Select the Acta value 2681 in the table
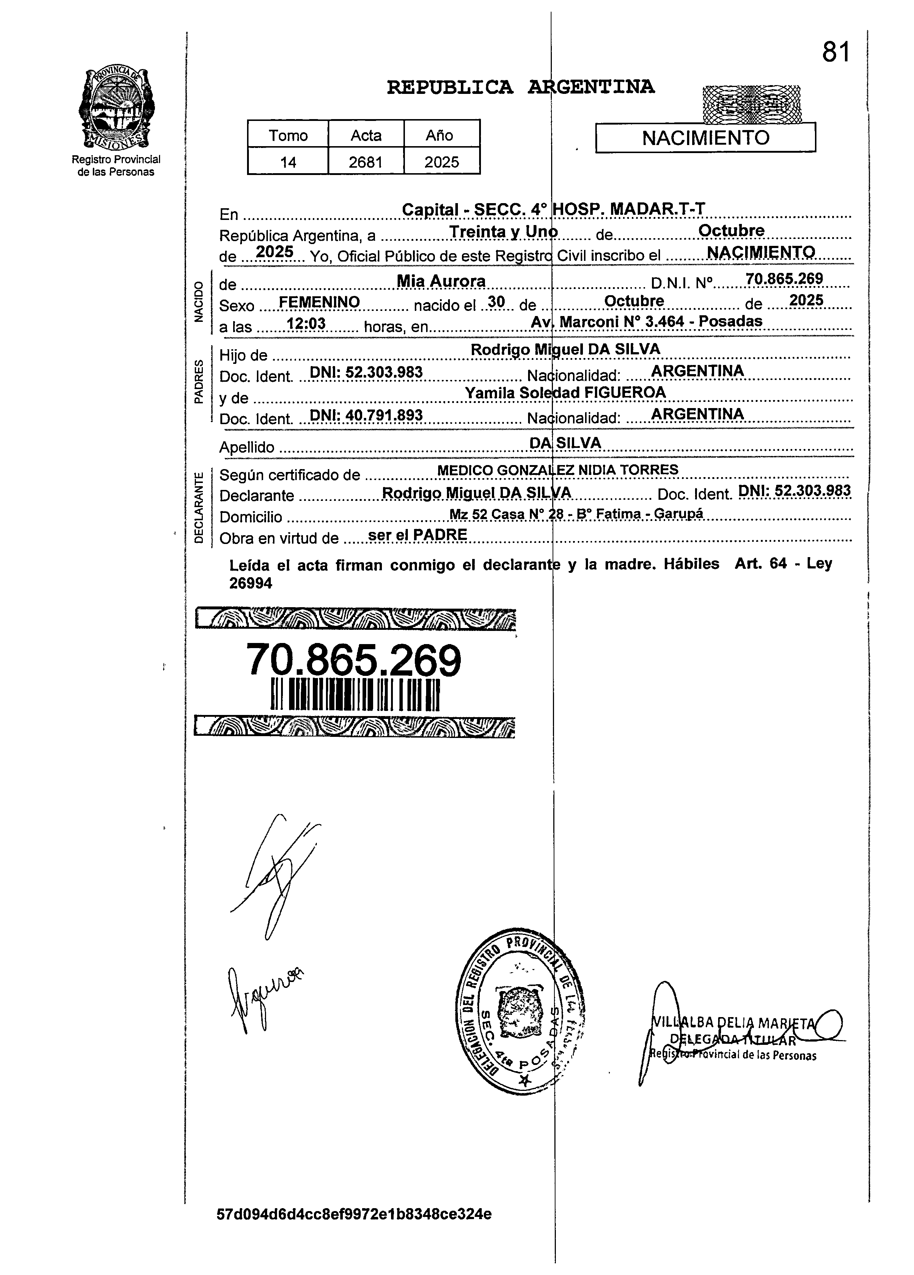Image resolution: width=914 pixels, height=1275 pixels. pos(365,163)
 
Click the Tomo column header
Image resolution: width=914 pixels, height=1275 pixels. pos(288,136)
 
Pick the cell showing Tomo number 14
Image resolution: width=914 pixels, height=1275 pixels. pos(288,163)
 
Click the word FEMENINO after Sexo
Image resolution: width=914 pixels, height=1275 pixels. pos(319,302)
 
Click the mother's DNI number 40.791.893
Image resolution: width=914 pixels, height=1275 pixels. pos(366,415)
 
